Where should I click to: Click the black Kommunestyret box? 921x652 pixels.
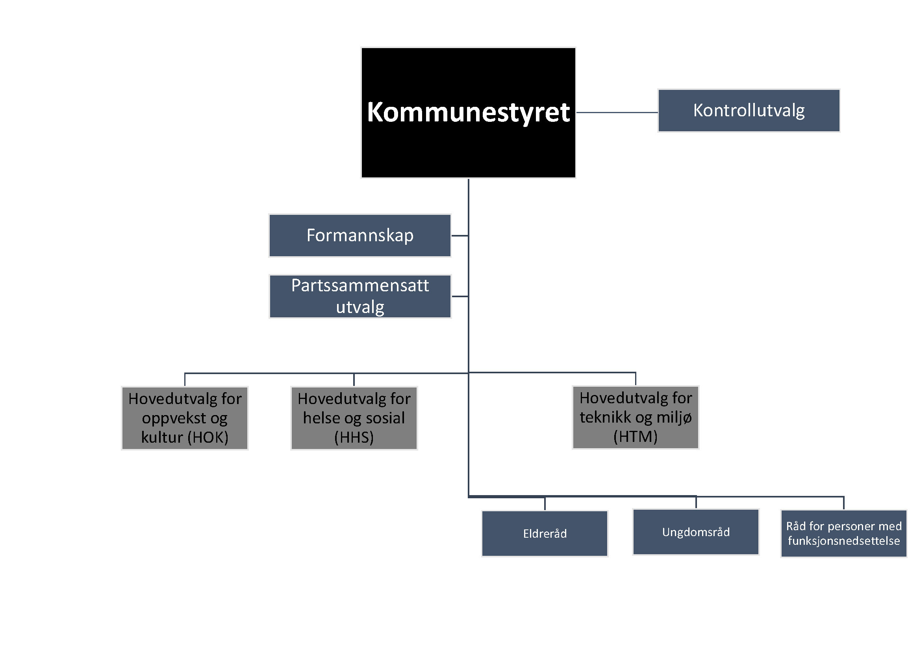pos(468,112)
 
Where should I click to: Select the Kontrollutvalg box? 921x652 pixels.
pos(749,110)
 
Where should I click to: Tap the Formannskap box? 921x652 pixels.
pos(360,236)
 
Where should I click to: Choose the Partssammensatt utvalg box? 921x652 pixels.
pos(360,296)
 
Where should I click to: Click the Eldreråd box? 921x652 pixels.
pos(545,534)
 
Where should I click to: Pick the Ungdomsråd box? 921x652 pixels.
pos(696,532)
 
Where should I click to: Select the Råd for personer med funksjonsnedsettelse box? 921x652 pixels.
pos(843,534)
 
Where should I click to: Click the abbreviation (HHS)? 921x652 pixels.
pos(354,437)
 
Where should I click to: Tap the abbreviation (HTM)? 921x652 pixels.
pos(636,436)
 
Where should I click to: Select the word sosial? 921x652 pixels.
pos(385,418)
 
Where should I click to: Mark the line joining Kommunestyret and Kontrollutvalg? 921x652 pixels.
pos(617,112)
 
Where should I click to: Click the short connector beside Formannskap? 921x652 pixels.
pos(460,236)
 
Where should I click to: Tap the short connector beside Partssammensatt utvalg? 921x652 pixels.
pos(460,296)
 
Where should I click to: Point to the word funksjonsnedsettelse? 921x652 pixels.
pos(843,541)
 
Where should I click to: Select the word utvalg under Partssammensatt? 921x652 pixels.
pos(360,307)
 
